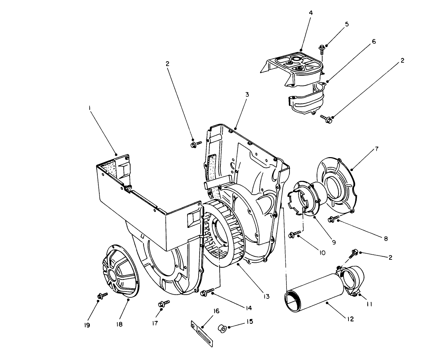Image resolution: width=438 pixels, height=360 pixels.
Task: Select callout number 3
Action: (x=247, y=94)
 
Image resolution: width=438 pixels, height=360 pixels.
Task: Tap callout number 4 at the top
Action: (x=311, y=13)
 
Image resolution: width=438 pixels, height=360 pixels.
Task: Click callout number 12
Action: (x=350, y=319)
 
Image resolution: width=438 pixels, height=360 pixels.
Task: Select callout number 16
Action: (x=216, y=311)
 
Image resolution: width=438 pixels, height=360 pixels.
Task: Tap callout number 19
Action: (x=87, y=325)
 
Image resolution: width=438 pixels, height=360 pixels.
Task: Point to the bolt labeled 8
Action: (x=333, y=219)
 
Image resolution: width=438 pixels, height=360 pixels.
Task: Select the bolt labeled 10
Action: (x=294, y=234)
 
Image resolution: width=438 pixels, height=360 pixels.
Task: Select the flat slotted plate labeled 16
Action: (x=203, y=334)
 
